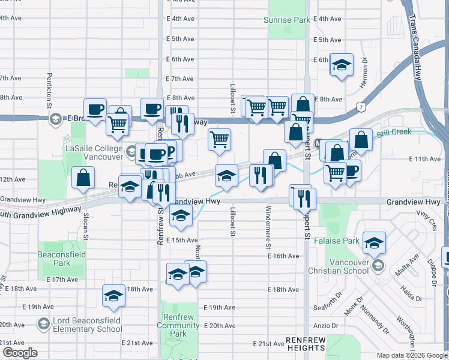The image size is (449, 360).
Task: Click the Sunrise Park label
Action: (287, 20)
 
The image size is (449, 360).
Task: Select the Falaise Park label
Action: (342, 241)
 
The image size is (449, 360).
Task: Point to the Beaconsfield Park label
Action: (61, 259)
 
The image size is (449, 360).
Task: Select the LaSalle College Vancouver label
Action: (92, 144)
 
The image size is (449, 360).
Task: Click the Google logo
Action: (20, 353)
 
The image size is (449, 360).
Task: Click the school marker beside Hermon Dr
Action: (342, 65)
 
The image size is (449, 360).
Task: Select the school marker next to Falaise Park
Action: (374, 243)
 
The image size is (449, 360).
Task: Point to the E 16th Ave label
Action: (283, 256)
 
